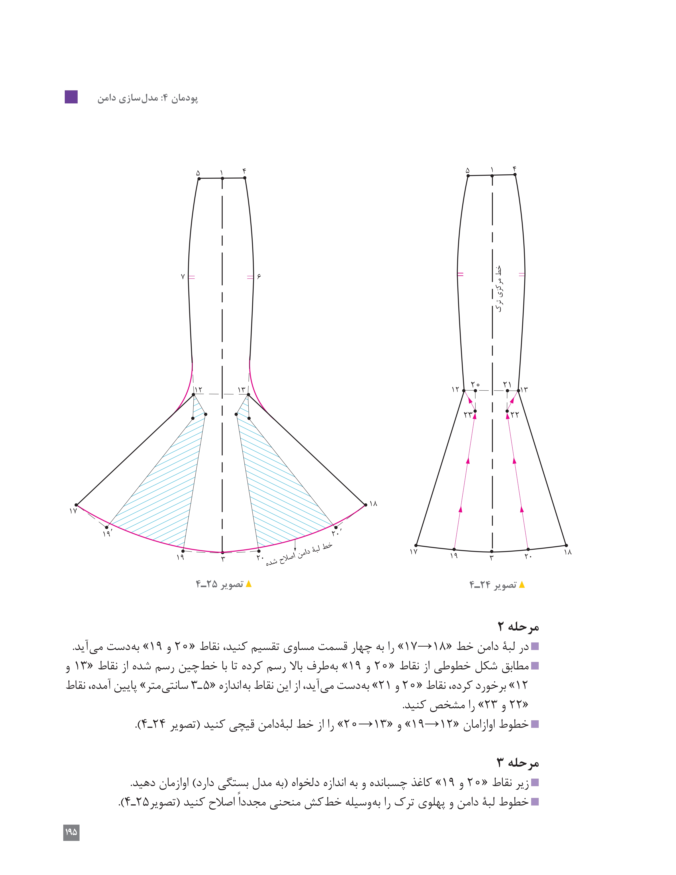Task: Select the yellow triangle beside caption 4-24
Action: coord(521,585)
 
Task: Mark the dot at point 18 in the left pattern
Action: coord(365,505)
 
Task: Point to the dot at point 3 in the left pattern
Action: coord(223,552)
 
